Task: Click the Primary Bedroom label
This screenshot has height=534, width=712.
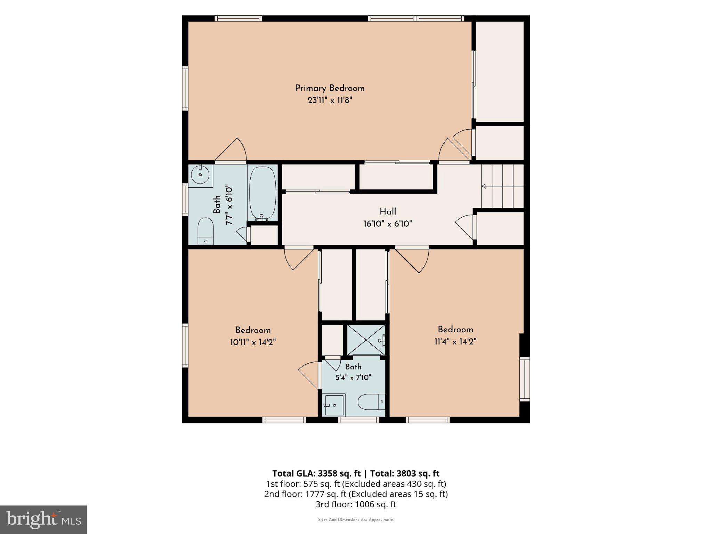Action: [x=330, y=88]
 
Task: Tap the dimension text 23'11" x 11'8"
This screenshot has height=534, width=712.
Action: [x=330, y=100]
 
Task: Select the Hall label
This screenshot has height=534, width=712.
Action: [x=388, y=211]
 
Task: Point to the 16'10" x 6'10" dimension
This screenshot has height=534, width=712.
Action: [x=388, y=224]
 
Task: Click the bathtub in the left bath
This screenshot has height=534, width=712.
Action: [x=263, y=193]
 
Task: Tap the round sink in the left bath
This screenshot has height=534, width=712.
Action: [x=201, y=175]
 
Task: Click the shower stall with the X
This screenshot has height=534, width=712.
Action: [x=366, y=340]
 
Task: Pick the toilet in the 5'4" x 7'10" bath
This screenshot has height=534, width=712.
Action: [x=371, y=402]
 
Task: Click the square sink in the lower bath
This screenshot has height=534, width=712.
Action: [x=333, y=405]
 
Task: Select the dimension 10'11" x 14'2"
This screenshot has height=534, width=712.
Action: [x=253, y=342]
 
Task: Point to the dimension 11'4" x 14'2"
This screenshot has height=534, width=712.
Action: [x=455, y=341]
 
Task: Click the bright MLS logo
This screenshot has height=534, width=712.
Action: [x=43, y=520]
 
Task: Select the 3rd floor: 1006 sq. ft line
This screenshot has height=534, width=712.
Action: [x=356, y=504]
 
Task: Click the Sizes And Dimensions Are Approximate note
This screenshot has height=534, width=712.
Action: [x=356, y=520]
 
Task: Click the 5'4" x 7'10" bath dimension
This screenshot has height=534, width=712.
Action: [x=353, y=378]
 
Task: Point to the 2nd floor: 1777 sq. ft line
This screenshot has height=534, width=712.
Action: [x=356, y=494]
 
